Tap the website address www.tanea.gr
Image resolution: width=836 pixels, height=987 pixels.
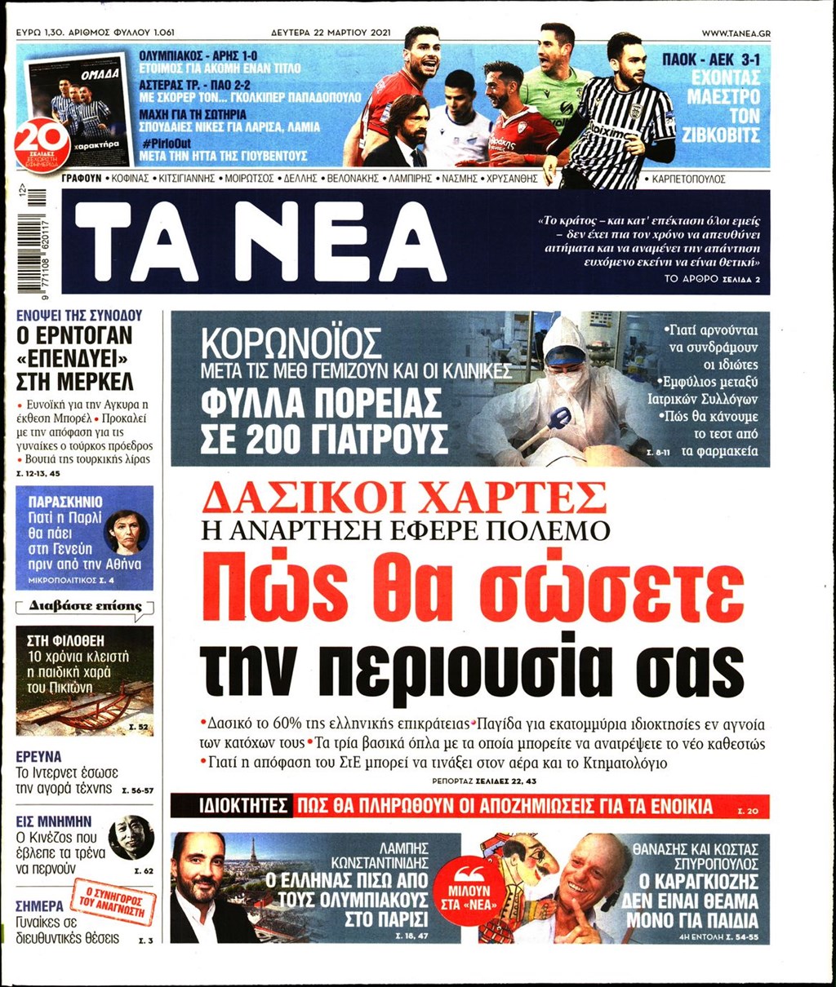[736, 33]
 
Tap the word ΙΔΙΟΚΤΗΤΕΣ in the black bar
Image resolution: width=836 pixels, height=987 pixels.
[231, 807]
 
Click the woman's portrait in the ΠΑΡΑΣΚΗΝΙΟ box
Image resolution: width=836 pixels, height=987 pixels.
[126, 533]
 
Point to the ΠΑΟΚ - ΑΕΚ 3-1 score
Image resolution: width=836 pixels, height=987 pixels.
[714, 60]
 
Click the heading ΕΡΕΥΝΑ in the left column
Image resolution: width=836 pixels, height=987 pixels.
[38, 756]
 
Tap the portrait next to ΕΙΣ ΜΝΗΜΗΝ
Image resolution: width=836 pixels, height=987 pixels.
[131, 837]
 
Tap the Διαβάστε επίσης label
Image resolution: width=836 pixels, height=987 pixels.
[86, 606]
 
